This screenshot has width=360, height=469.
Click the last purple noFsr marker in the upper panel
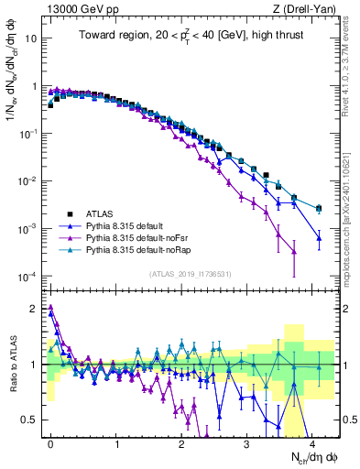pyautogui.click(x=294, y=251)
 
